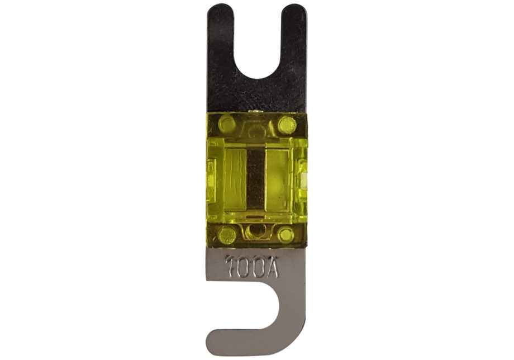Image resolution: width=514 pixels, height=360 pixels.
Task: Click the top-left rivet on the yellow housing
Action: [227, 124]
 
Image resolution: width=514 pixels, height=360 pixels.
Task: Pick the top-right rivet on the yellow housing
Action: [287, 124]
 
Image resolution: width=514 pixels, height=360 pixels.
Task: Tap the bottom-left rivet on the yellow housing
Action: [227, 235]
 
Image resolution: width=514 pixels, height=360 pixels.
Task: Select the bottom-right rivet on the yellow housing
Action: [287, 235]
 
